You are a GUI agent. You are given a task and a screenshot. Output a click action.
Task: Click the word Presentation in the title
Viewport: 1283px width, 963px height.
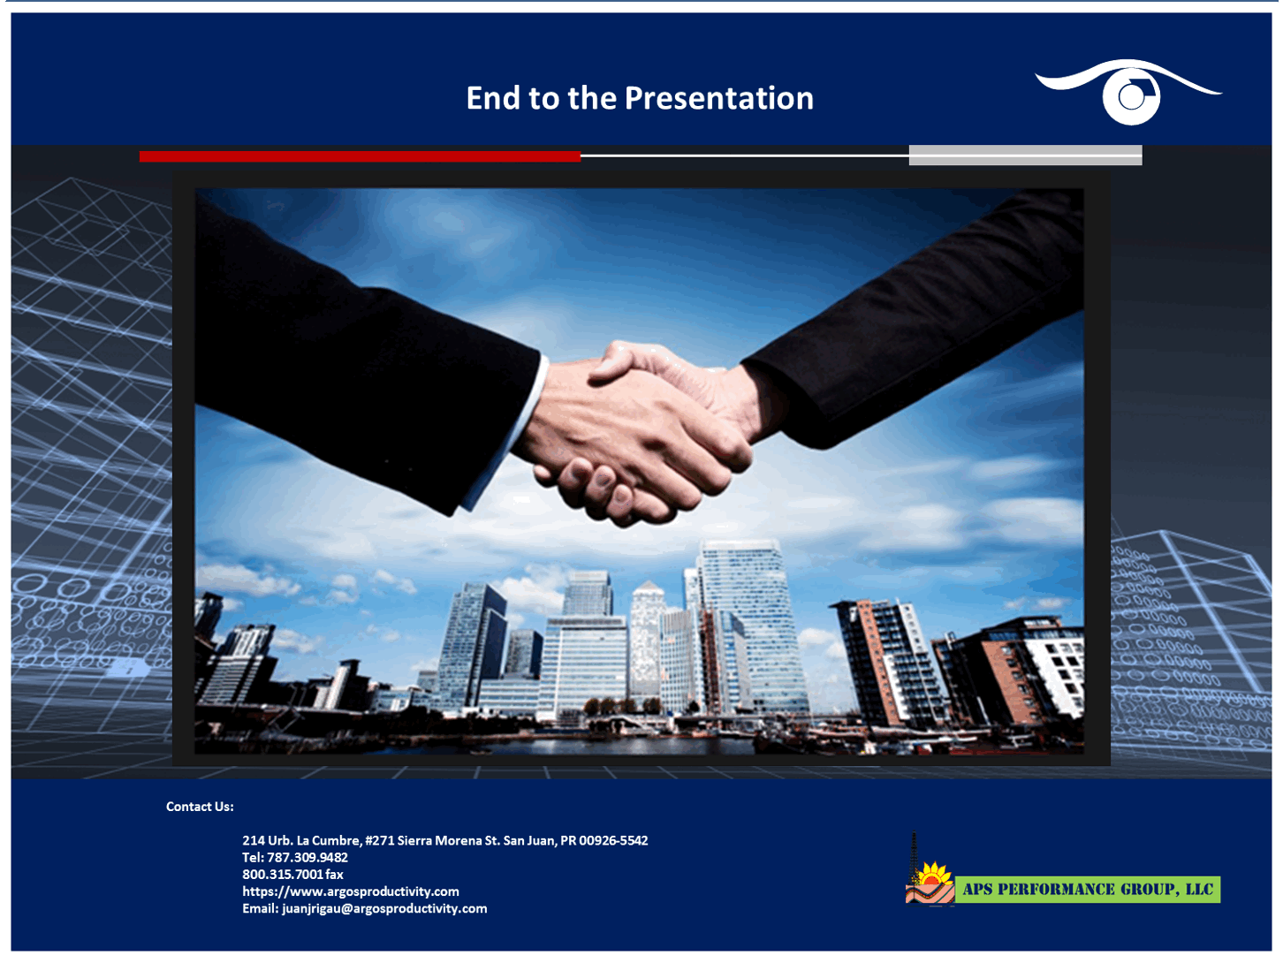(718, 98)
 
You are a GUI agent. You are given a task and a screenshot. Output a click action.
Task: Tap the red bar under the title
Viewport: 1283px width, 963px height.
(360, 156)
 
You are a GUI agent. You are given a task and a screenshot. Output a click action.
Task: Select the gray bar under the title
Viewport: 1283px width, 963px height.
(1025, 155)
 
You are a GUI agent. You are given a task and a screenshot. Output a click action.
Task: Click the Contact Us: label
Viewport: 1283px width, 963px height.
(200, 807)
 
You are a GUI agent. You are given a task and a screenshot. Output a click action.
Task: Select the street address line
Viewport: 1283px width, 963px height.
(444, 840)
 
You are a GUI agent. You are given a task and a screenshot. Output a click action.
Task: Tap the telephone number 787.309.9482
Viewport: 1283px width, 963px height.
(307, 857)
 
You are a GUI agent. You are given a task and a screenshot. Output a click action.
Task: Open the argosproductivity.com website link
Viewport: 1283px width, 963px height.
(351, 891)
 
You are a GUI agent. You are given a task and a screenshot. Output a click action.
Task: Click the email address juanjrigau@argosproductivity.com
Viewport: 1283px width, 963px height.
(384, 908)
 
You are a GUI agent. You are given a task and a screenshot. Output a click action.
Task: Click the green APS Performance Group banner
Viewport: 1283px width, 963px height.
(1088, 890)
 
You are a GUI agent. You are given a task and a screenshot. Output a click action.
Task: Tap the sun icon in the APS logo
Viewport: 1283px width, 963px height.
(932, 877)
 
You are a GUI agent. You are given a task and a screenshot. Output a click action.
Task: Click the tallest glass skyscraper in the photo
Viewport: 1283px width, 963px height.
(751, 618)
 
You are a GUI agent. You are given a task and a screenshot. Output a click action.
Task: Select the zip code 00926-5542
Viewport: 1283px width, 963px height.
(613, 840)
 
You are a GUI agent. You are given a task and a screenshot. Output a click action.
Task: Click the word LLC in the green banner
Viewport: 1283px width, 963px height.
(1199, 890)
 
